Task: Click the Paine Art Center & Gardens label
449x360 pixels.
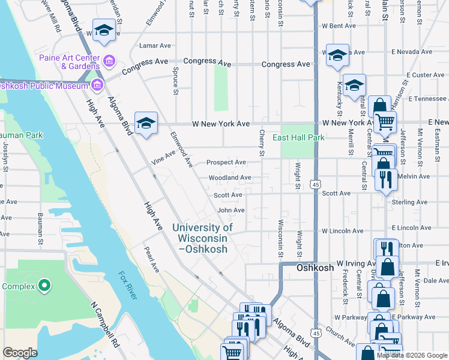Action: (x=68, y=62)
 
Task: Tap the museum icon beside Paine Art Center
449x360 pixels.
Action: (x=109, y=61)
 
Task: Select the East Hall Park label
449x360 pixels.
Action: (x=298, y=137)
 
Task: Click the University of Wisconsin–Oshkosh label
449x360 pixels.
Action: (x=203, y=238)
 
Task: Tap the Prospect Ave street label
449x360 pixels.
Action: (x=226, y=163)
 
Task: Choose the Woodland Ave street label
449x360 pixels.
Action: (x=230, y=178)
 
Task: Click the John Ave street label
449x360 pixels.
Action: (x=231, y=211)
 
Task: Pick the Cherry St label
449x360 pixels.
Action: (x=262, y=144)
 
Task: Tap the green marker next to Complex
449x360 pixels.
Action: (x=44, y=286)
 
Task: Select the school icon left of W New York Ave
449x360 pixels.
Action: (x=146, y=124)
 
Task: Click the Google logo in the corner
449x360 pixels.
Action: (x=20, y=353)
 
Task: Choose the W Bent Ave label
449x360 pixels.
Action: (x=339, y=26)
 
